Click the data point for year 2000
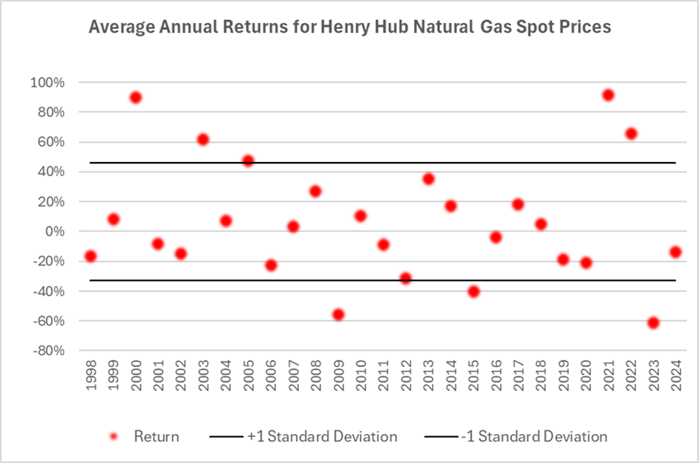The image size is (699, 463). [135, 97]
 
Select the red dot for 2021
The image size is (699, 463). [608, 95]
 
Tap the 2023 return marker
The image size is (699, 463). [653, 323]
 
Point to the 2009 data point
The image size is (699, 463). [338, 314]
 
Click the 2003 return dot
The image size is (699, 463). [203, 140]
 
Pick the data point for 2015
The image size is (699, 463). [473, 291]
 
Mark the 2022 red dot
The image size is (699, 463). [631, 134]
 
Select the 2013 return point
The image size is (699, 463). [428, 179]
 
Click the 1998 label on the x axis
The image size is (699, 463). [91, 379]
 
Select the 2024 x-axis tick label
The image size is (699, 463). [676, 379]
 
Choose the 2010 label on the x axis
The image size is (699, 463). [361, 379]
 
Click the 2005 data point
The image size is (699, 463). [248, 161]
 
